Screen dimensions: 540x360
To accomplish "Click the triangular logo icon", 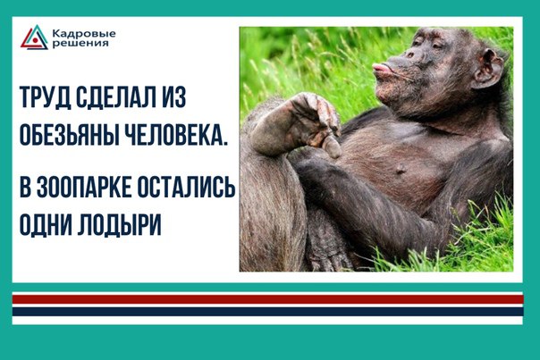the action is click(34, 38).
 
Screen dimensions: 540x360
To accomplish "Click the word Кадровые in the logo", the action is click(84, 34).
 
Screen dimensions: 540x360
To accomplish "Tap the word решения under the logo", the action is click(80, 44).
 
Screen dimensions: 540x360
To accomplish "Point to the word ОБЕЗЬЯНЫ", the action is click(67, 134).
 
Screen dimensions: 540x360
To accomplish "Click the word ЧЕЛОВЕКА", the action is click(174, 134).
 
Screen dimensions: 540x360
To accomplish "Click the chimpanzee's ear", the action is click(489, 69).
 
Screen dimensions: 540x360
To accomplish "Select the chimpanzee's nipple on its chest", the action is click(400, 170).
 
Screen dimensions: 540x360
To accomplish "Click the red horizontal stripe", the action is click(267, 299).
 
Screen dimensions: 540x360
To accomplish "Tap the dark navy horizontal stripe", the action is click(267, 312).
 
